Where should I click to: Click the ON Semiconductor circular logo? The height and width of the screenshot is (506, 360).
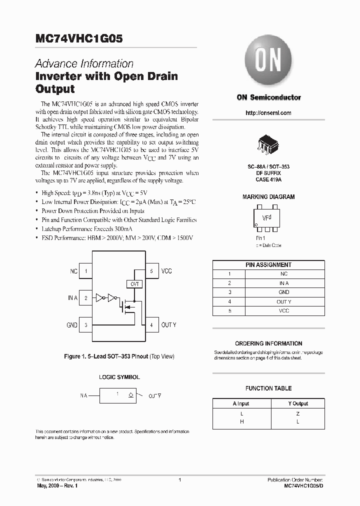tap(268, 63)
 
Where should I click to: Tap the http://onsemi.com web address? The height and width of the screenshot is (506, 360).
tap(268, 113)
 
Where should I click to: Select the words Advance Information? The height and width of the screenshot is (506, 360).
tap(84, 64)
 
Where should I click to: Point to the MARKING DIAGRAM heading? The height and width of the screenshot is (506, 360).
tap(268, 197)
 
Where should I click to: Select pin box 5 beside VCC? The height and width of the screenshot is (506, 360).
tap(151, 271)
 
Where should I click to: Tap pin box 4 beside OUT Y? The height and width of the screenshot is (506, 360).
tap(151, 325)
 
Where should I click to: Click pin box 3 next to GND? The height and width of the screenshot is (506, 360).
tap(86, 325)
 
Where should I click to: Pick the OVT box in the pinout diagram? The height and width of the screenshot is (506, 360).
tap(134, 284)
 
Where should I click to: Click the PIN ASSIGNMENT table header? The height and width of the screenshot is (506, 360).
tap(268, 264)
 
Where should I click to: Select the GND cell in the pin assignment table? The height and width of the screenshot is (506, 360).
tap(284, 292)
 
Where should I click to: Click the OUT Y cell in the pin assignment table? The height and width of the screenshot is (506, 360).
tap(284, 301)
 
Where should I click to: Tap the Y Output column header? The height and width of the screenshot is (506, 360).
tap(298, 403)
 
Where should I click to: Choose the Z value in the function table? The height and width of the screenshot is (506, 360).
tap(298, 414)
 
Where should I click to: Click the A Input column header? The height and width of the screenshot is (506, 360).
tap(241, 403)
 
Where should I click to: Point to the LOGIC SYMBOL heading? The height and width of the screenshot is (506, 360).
tap(119, 377)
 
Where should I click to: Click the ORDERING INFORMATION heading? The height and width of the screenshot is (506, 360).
tap(268, 343)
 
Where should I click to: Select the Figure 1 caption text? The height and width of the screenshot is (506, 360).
tap(119, 357)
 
